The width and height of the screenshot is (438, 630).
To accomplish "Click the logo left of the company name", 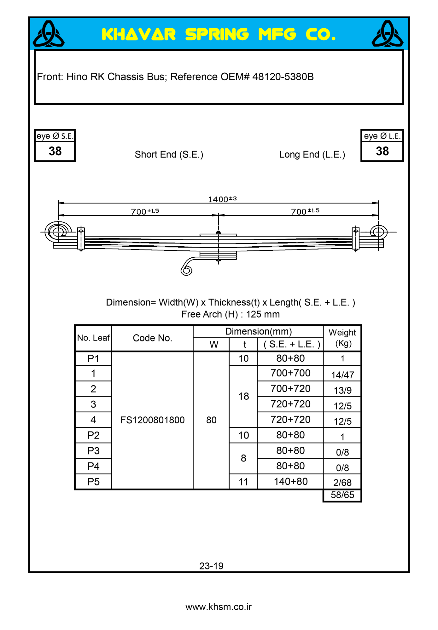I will point(49,34).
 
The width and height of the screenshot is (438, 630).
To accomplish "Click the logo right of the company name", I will point(387,34).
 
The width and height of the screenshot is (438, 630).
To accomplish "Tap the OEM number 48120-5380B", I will point(283,77).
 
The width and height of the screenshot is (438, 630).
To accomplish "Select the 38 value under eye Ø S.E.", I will point(55,151).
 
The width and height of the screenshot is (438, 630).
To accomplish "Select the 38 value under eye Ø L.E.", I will point(382,151).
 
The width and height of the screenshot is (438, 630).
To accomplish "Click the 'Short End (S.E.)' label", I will point(169,155).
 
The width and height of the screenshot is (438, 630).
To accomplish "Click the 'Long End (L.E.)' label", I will point(312,155).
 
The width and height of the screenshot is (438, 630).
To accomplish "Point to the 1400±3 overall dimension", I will point(222,199).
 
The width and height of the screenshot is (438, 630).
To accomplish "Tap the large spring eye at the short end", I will point(58,232).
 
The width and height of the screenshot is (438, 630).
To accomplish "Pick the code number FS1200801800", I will point(152,420).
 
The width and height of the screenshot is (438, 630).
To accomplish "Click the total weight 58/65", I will point(342,495).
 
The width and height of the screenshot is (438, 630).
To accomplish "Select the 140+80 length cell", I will point(290,481).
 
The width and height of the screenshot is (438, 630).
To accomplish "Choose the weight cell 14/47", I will point(342,375).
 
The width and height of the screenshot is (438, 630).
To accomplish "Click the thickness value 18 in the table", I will point(243,396).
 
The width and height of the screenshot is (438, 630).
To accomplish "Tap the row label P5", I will point(93,482).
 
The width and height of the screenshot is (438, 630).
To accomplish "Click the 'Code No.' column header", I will point(152,338).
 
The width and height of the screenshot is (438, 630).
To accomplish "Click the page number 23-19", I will point(211,566).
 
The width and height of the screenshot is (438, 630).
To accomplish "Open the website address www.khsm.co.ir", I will point(219,607).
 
